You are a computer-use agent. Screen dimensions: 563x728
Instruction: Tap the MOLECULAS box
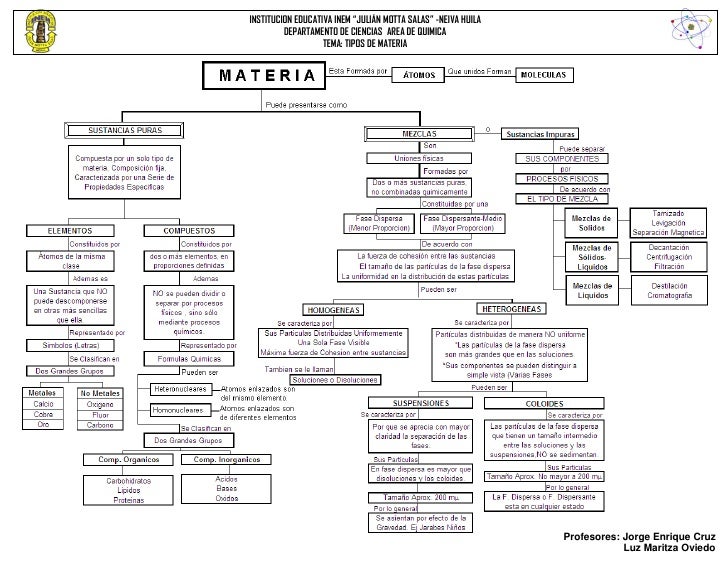(540, 75)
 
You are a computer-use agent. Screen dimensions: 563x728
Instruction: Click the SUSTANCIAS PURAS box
(123, 130)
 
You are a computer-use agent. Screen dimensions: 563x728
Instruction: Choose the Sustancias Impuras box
(539, 132)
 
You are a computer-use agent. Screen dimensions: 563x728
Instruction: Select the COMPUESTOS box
(190, 230)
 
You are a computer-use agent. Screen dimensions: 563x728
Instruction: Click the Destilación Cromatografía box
(669, 290)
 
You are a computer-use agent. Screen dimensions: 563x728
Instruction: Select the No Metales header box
(101, 393)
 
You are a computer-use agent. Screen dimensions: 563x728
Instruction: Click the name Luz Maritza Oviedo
(668, 549)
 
